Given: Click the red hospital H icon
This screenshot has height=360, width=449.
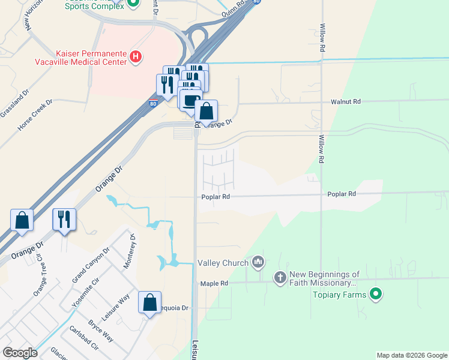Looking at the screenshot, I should click(x=136, y=58).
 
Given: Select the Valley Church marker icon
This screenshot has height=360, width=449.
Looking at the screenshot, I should click(x=259, y=262).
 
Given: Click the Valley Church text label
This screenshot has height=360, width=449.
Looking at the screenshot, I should click(x=223, y=262).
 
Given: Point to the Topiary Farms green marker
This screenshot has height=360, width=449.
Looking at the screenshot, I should click(x=376, y=294).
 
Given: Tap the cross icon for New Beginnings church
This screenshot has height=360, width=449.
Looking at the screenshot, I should click(x=280, y=277).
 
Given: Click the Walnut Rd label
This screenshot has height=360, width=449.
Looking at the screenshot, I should click(x=345, y=102).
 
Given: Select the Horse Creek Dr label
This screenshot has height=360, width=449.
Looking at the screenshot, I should click(x=35, y=115).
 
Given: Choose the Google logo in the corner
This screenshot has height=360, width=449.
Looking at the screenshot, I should click(x=19, y=353).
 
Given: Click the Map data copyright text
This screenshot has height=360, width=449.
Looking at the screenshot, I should click(x=411, y=355).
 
